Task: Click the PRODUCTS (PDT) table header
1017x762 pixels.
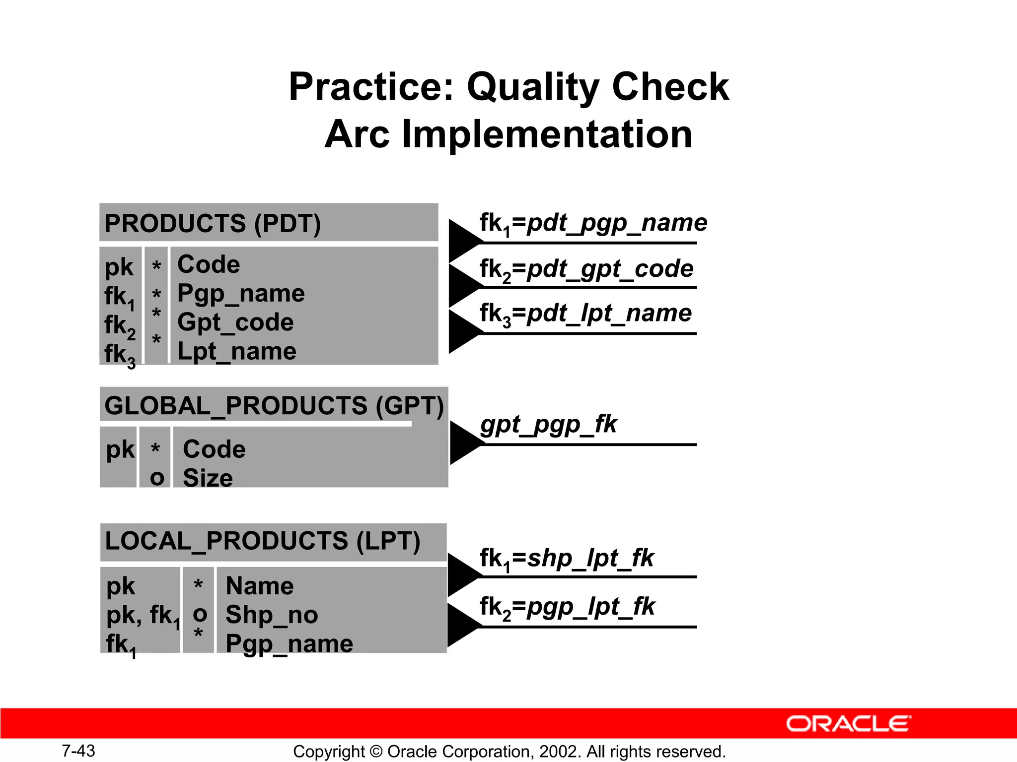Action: click(213, 223)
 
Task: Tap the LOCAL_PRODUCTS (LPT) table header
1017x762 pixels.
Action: click(262, 541)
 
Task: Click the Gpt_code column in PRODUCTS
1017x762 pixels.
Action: click(235, 322)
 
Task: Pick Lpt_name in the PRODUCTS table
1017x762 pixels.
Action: click(236, 352)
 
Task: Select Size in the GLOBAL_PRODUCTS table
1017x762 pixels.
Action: click(208, 478)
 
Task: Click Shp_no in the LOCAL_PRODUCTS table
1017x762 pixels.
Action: click(271, 615)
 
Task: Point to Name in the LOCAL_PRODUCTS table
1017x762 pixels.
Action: click(259, 586)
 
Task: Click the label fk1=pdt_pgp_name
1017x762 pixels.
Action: click(593, 223)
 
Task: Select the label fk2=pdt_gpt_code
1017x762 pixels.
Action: click(586, 269)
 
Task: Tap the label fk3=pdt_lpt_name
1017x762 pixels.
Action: click(585, 314)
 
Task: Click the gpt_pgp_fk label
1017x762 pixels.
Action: click(548, 425)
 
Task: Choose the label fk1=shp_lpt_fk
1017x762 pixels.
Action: click(566, 559)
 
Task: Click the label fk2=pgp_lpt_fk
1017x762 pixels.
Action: click(567, 607)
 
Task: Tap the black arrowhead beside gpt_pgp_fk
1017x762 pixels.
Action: click(464, 443)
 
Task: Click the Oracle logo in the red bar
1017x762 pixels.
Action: click(848, 724)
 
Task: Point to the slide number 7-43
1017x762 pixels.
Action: click(78, 751)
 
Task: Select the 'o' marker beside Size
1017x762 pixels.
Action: click(157, 478)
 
